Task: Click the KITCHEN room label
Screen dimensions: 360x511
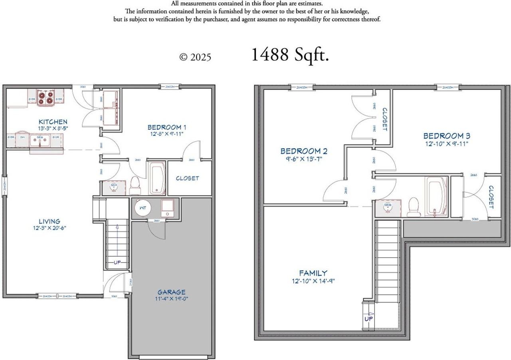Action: coord(53,121)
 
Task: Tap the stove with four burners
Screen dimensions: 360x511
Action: coord(45,98)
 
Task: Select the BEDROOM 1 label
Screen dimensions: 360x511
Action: coord(167,127)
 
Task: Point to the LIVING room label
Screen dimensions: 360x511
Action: coord(50,221)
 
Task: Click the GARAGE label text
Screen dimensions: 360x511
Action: coord(171,292)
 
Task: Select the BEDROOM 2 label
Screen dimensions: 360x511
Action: coord(304,151)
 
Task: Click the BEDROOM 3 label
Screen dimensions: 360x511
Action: coord(447,136)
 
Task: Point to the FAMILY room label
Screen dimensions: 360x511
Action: coord(313,273)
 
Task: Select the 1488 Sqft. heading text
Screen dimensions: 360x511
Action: coord(290,55)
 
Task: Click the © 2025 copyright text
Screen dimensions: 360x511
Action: coord(195,57)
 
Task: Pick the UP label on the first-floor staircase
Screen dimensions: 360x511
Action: coord(117,263)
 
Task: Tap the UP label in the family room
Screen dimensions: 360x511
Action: coord(368,319)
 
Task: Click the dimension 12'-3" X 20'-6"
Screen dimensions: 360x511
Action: coord(50,228)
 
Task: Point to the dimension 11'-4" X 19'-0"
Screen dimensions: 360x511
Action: coord(171,299)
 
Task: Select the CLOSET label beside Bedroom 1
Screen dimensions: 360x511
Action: coord(187,178)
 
